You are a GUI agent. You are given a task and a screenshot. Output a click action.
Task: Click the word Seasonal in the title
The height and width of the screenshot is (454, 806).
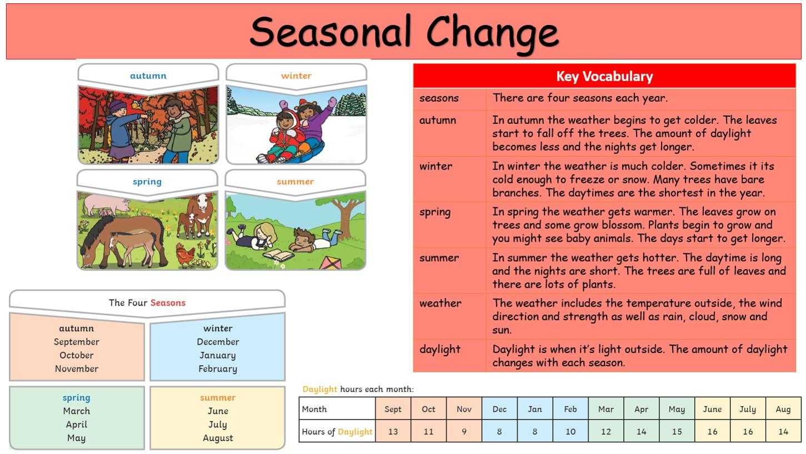331,32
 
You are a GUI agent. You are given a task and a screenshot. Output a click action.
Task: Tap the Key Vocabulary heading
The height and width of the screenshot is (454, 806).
604,76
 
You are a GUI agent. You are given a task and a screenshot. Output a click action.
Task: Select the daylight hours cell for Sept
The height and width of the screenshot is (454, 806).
393,431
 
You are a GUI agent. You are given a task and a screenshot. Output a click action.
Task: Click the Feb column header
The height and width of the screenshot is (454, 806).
570,409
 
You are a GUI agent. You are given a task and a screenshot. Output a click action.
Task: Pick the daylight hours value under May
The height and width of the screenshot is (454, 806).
677,431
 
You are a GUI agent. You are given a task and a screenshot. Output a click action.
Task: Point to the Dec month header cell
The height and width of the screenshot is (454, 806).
499,409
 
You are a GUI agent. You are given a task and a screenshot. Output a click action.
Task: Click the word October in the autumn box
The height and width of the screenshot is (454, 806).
77,355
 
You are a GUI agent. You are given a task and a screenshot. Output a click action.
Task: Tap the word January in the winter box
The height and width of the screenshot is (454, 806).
218,355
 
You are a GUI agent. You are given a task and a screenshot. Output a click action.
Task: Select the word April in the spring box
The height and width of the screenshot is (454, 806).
76,425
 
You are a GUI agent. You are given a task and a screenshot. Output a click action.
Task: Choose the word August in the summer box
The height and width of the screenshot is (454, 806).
218,438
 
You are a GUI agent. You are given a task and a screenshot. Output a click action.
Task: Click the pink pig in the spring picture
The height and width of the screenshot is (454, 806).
106,205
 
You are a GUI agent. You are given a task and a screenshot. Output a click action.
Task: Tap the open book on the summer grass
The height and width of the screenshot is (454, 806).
278,255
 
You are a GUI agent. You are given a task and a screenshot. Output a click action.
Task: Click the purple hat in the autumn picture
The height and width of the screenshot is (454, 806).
118,107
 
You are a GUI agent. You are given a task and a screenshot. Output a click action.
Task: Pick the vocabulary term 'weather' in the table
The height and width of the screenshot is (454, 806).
440,303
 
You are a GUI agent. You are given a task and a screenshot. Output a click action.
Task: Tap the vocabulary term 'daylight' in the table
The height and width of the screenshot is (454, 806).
440,349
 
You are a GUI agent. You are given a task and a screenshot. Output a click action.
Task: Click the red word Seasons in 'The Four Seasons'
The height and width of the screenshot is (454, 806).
168,302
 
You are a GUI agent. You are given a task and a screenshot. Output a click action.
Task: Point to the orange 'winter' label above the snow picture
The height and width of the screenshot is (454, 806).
296,76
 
